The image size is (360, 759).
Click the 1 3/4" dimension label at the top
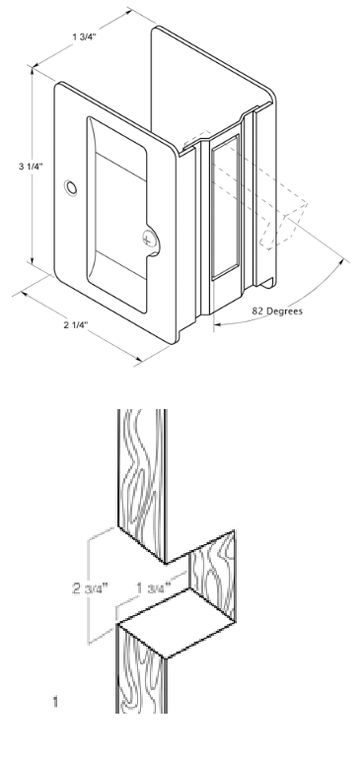tap(84, 37)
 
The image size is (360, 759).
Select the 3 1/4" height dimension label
tap(31, 167)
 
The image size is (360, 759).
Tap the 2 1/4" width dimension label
tap(76, 325)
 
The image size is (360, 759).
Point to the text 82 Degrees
tap(277, 310)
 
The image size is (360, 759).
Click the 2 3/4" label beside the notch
tap(90, 588)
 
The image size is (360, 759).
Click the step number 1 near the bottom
tap(55, 701)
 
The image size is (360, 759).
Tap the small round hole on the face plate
tap(71, 188)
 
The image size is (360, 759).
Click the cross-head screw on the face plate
tap(150, 239)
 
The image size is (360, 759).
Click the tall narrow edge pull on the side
tap(225, 207)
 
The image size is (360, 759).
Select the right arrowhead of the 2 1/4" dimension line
tap(138, 359)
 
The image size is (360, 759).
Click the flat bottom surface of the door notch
tap(177, 623)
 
